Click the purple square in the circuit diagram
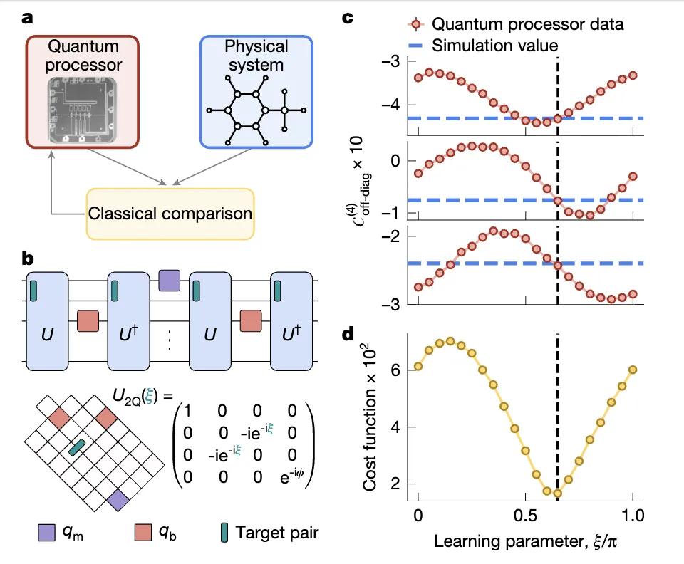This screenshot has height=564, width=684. point(170,279)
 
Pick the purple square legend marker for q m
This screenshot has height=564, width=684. point(46,532)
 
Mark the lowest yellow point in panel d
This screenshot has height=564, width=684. point(558,493)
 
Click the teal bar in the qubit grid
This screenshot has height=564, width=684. point(76,447)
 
